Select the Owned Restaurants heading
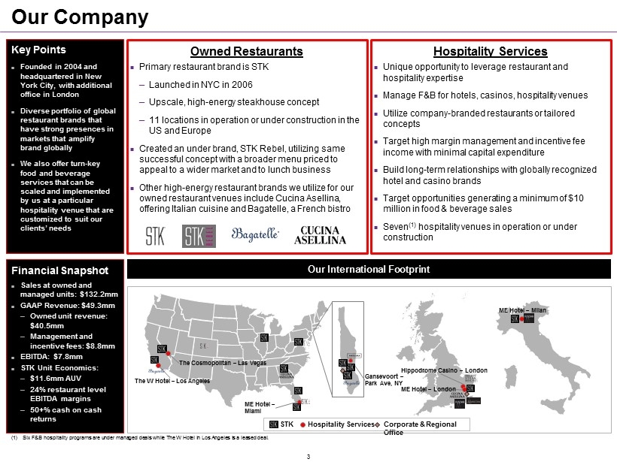247,51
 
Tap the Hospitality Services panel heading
491,51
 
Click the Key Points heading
38,50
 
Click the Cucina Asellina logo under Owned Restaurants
324,235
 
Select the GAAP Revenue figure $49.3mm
68,305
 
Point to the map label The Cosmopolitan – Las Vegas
223,363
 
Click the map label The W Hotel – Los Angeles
172,382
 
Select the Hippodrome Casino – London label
443,370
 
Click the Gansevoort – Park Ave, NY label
384,379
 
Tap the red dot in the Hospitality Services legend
302,425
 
